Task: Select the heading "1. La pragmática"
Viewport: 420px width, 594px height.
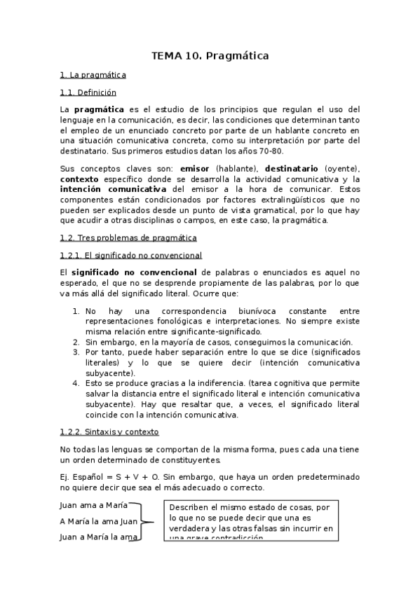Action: click(x=93, y=74)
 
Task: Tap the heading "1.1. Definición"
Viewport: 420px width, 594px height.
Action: click(x=88, y=92)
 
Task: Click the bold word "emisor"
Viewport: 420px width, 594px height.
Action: click(x=196, y=169)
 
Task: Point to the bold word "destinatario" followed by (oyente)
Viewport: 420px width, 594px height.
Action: click(x=291, y=169)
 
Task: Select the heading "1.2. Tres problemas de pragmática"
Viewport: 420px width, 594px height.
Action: click(x=128, y=238)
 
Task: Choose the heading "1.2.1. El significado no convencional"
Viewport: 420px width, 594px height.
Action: click(x=131, y=256)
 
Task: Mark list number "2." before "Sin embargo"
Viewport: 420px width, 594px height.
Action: click(x=76, y=342)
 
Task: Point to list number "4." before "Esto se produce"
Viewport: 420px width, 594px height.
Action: click(x=76, y=383)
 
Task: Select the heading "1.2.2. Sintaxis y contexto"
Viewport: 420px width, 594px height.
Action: click(x=109, y=431)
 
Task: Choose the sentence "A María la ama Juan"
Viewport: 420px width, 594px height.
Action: click(x=99, y=521)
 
